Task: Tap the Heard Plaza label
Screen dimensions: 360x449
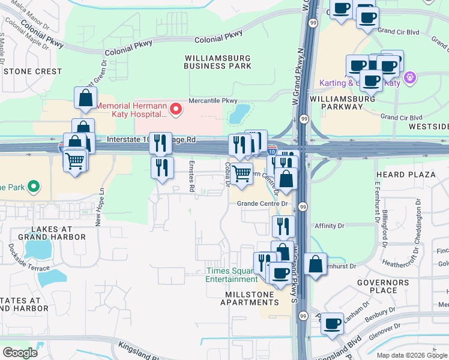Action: [x=404, y=175]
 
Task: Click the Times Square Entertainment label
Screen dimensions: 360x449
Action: [x=231, y=275]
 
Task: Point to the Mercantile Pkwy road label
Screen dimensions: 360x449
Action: [x=213, y=101]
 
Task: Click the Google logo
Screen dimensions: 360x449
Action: [x=20, y=352]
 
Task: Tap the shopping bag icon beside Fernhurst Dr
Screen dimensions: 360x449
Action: [x=315, y=264]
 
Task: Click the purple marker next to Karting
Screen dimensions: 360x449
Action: [x=411, y=77]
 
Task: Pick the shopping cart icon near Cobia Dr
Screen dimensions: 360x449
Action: [x=242, y=173]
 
